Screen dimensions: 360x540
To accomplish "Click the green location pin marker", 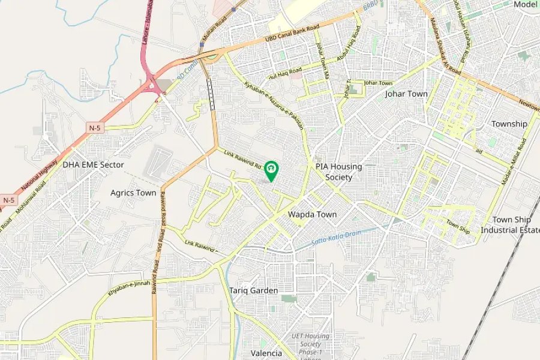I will (x=271, y=170).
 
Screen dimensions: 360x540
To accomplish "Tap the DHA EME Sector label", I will (x=93, y=164).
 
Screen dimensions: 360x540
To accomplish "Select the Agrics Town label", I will (x=133, y=193).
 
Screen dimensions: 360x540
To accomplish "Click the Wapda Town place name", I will (x=312, y=214).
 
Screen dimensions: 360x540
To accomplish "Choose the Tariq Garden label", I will (x=253, y=290).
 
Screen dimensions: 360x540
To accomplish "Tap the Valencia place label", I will (x=266, y=353).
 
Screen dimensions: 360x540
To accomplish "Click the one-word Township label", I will (x=509, y=124).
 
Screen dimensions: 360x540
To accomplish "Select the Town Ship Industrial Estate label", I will (x=509, y=225).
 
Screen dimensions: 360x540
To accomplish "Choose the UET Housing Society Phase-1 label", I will (x=311, y=344).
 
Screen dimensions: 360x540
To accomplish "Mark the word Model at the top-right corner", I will (x=525, y=4).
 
